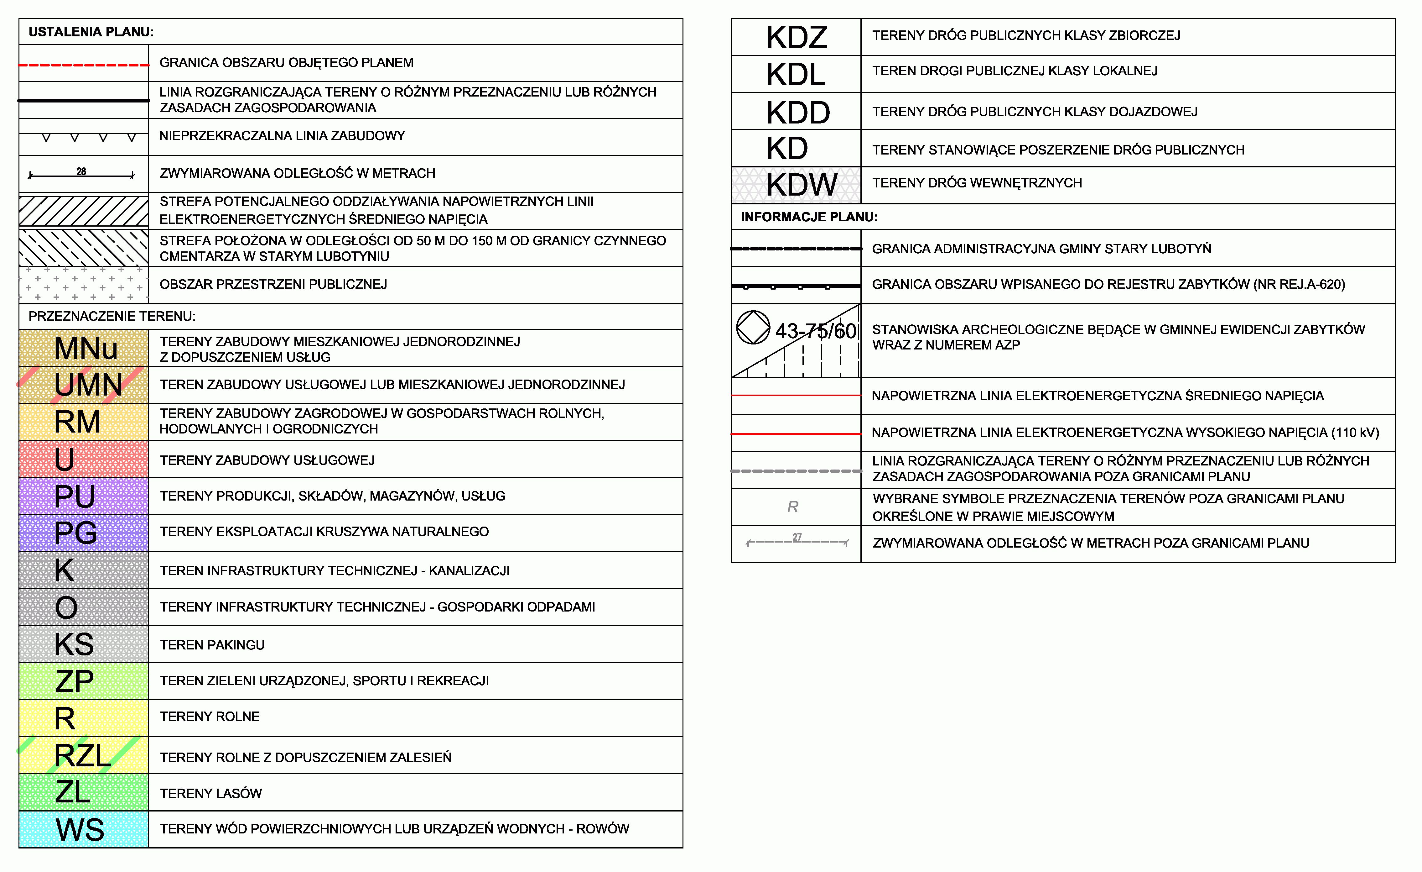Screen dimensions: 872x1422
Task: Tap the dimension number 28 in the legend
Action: click(81, 171)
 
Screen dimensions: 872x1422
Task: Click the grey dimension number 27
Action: click(797, 537)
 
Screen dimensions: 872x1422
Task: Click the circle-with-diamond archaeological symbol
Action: click(753, 328)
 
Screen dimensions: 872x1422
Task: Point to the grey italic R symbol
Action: click(793, 507)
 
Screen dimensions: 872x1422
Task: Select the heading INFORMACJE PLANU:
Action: click(809, 217)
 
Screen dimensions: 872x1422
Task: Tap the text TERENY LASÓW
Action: click(211, 793)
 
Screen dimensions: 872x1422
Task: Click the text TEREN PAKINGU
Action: click(212, 645)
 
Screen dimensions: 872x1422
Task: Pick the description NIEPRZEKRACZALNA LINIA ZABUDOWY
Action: click(282, 136)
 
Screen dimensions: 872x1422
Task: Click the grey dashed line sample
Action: click(797, 471)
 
